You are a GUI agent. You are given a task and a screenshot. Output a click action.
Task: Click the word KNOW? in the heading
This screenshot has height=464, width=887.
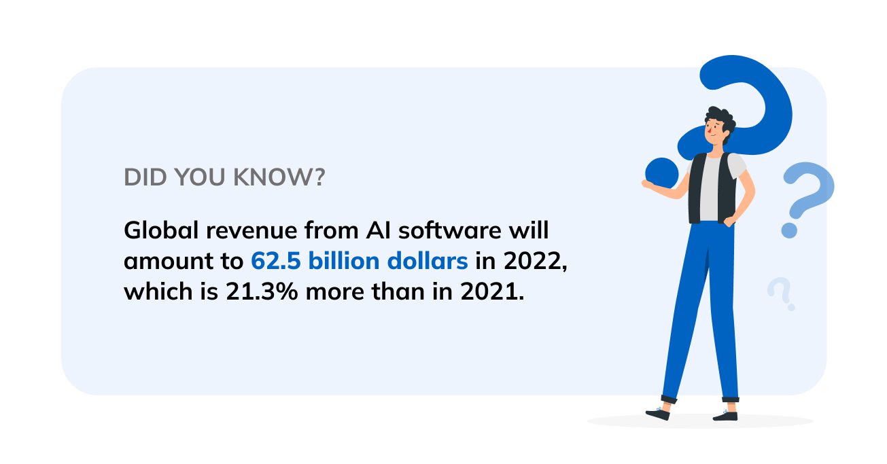[279, 177]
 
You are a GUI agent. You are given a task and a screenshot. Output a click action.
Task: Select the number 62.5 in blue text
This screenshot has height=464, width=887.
[276, 261]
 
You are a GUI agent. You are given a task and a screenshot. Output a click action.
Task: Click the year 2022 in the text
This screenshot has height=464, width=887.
[533, 261]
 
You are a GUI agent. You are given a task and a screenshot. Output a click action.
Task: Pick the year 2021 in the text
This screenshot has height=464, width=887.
[489, 291]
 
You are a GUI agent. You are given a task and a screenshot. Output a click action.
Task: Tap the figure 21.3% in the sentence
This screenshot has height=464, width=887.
[262, 291]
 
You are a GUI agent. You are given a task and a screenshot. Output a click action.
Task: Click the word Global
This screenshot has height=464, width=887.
[161, 230]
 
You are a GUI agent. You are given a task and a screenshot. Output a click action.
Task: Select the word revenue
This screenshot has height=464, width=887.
[251, 231]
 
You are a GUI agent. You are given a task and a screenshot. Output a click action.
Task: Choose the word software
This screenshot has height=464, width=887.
[449, 230]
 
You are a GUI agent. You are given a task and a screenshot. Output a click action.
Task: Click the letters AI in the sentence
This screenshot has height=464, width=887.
[378, 230]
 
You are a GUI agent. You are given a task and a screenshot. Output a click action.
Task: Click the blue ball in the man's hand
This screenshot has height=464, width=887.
[662, 173]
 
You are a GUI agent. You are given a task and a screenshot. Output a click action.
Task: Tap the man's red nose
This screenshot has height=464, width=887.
[710, 130]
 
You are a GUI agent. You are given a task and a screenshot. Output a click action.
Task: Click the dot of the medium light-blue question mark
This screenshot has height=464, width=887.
[789, 230]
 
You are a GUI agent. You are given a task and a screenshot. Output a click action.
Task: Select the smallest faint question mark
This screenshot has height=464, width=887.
[781, 293]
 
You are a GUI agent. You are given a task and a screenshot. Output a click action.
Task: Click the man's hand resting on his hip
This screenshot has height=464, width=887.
[731, 220]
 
